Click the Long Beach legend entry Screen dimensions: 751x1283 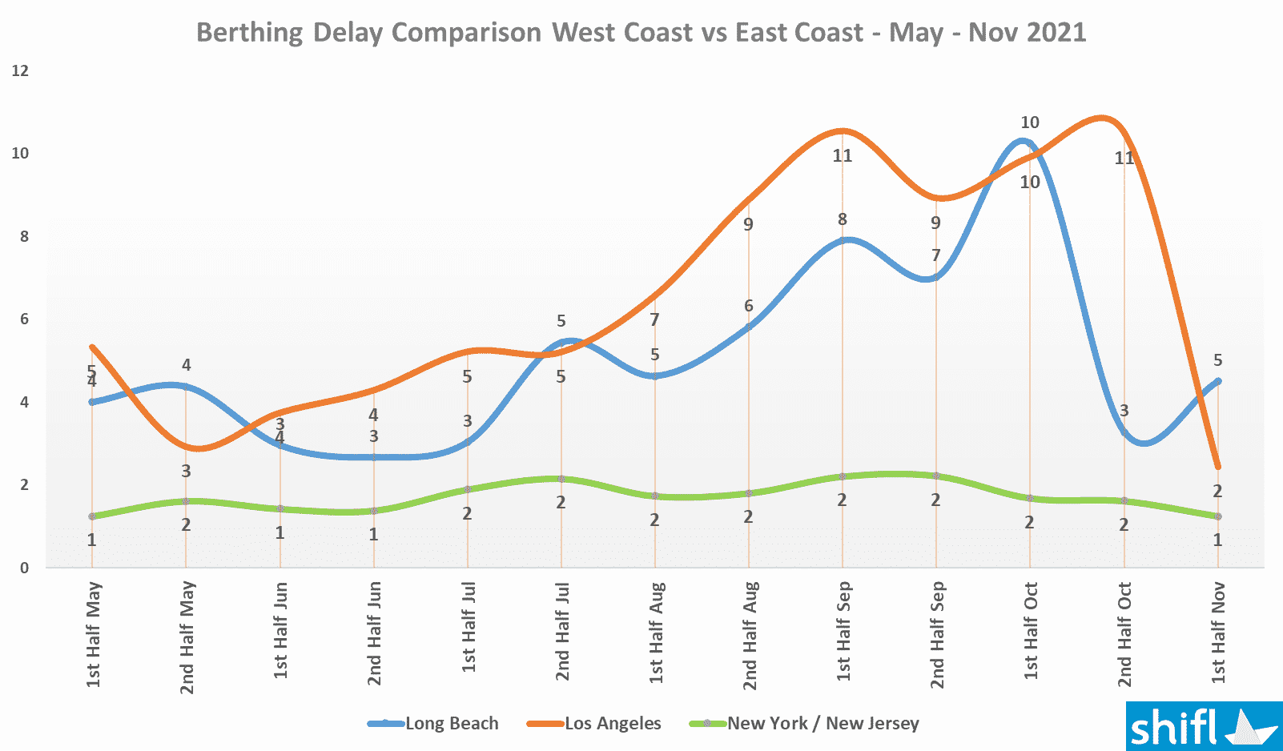433,724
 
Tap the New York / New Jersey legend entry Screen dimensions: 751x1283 804,724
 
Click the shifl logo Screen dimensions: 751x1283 1203,727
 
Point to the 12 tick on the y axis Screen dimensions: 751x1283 20,70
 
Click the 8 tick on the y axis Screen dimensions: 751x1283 24,236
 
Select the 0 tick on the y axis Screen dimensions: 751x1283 24,568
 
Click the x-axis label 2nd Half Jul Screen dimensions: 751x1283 562,633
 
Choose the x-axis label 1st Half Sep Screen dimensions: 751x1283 843,633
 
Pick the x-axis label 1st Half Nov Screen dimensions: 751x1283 1218,633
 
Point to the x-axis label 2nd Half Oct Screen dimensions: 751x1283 1124,634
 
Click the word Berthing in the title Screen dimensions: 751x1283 249,33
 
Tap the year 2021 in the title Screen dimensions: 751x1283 1056,33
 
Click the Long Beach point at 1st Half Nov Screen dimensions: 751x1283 1218,381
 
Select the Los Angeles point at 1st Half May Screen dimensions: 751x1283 92,347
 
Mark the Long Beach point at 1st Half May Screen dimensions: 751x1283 92,402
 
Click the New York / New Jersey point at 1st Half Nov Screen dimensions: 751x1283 1218,516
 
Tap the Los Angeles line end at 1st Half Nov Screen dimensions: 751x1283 1218,467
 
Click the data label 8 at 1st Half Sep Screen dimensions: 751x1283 843,219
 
